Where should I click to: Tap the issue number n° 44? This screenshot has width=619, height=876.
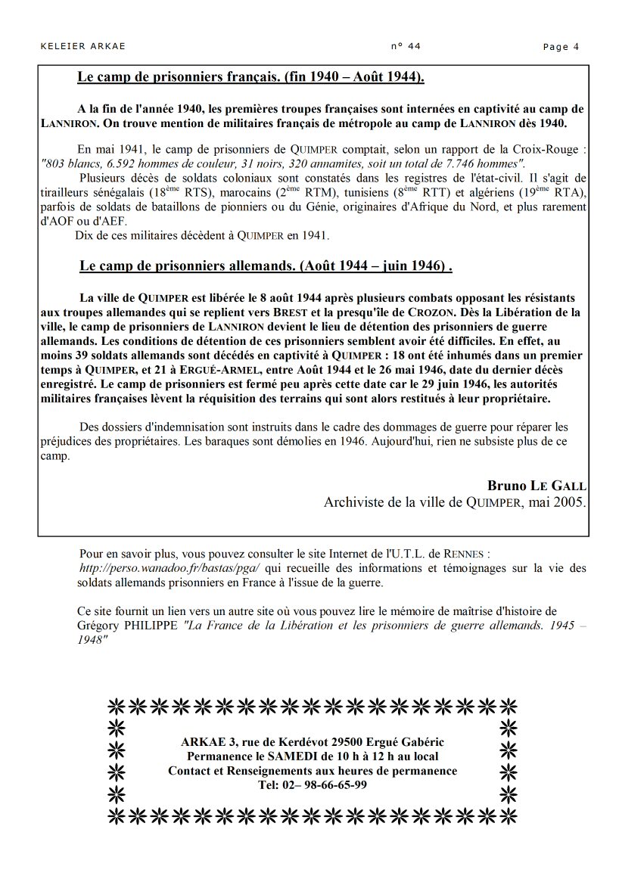coord(406,46)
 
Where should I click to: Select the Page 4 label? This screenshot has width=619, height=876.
coord(561,47)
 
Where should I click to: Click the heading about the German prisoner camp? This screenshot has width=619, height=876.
coord(266,267)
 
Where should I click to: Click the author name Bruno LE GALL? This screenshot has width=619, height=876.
coord(537,485)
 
